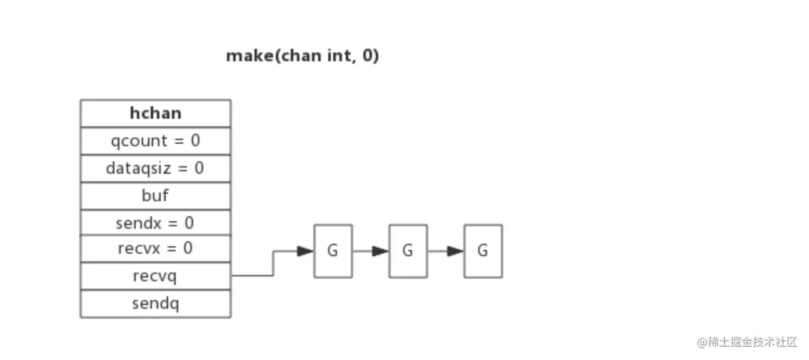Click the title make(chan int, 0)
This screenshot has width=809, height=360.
coord(303,56)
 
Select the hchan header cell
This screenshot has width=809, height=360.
coord(155,113)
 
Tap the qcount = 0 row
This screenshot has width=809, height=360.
coord(155,141)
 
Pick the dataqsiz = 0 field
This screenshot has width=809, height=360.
coord(155,168)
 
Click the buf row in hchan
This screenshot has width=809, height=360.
coord(155,196)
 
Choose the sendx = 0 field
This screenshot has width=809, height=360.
coord(155,223)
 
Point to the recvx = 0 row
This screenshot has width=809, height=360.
coord(155,249)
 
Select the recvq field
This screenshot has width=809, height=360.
coord(155,276)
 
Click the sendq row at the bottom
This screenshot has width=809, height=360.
coord(155,304)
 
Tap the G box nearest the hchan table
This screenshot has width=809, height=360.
coord(333,251)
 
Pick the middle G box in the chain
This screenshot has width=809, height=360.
coord(408,251)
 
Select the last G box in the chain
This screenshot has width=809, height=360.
coord(483,251)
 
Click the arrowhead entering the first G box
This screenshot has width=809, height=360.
coord(305,251)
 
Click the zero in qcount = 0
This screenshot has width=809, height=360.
coord(195,141)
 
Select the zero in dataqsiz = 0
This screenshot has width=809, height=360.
coord(199,168)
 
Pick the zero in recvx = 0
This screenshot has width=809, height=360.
coord(188,249)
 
